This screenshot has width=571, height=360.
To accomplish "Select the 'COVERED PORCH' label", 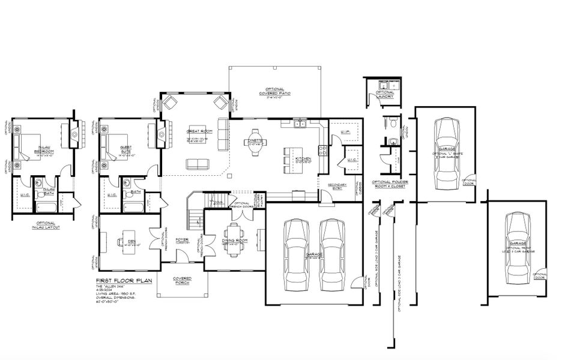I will point(182,280).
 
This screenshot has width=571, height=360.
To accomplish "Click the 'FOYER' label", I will point(182,240).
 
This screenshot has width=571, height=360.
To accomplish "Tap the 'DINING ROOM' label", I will point(235,241).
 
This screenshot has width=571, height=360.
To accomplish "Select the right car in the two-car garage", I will point(331,254).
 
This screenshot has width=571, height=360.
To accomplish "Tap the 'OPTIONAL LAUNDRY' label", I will point(385,94).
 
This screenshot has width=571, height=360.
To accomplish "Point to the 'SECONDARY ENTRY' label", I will point(337,186).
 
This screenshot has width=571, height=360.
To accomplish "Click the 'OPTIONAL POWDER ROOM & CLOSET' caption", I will point(390,184).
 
